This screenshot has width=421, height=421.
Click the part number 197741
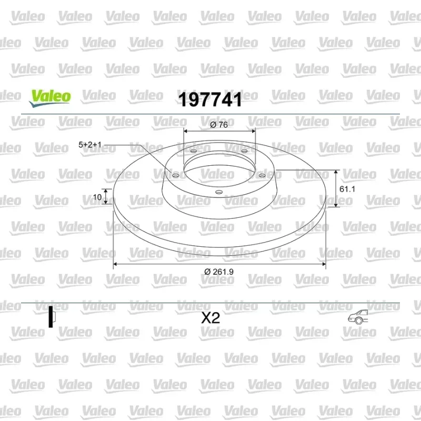210,99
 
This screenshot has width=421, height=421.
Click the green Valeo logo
50,98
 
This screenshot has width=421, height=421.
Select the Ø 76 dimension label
219,125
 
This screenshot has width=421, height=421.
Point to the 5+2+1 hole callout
90,145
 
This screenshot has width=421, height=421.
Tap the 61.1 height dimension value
347,189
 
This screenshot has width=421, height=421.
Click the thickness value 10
97,197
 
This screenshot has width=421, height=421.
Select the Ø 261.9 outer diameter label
219,272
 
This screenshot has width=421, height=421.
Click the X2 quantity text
210,318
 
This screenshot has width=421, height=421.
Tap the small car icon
358,317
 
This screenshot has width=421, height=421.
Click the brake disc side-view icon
52,317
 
